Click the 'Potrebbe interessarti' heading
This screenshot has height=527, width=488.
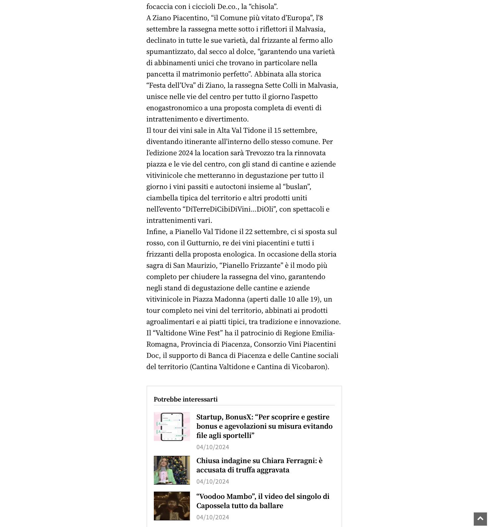tap(186, 399)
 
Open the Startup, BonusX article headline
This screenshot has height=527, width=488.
tap(264, 426)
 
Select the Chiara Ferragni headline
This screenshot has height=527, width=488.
tap(259, 465)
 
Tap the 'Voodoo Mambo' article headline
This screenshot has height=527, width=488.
tap(263, 501)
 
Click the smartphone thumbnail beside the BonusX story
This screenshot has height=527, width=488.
tap(172, 426)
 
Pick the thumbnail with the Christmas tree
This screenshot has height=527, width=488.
tap(172, 470)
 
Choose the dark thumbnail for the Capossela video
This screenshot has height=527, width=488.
tap(172, 506)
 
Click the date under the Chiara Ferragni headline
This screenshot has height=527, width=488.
tap(213, 482)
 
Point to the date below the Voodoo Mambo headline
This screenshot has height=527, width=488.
tap(213, 517)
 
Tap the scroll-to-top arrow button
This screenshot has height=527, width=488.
tap(480, 519)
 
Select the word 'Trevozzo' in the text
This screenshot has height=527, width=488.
tap(260, 153)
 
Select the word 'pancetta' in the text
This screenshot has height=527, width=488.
tap(160, 74)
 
